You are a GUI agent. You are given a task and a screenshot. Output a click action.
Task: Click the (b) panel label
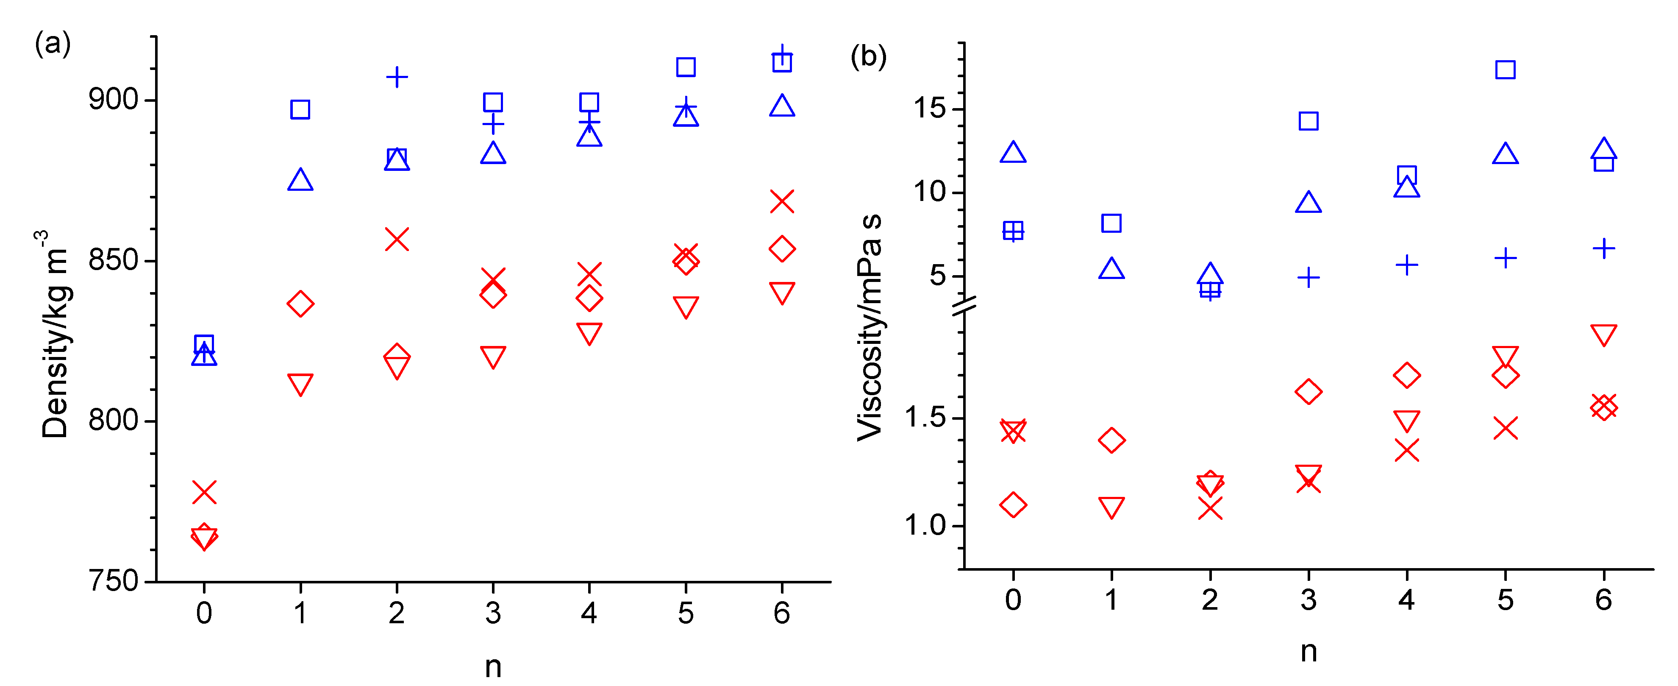tap(868, 57)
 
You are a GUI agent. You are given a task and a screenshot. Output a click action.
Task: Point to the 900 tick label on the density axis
tap(113, 100)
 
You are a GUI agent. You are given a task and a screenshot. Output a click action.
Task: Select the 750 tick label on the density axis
tap(113, 581)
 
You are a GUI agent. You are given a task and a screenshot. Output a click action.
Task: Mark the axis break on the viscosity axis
tap(964, 305)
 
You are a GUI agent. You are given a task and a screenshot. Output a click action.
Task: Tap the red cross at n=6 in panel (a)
tap(782, 202)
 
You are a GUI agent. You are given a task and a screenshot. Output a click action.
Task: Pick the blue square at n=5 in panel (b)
tap(1505, 70)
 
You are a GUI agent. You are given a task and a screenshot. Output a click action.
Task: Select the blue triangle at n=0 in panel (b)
tap(1013, 153)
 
